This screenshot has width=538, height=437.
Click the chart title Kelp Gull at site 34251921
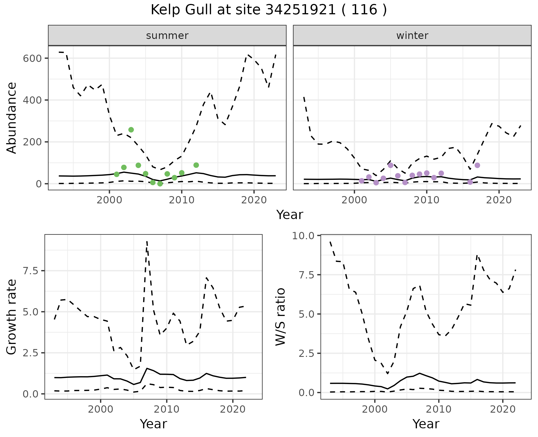click(x=268, y=10)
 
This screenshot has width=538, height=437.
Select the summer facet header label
click(x=167, y=36)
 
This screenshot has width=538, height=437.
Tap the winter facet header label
click(x=412, y=36)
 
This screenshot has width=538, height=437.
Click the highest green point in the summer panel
click(x=131, y=130)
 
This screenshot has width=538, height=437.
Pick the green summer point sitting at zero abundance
click(x=160, y=183)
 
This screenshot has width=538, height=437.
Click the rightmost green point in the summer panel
click(x=196, y=165)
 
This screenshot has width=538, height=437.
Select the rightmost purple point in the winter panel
click(x=477, y=165)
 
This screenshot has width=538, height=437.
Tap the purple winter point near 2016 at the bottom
click(x=470, y=182)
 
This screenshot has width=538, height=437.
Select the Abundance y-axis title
click(x=12, y=118)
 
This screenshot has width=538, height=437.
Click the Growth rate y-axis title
click(x=12, y=317)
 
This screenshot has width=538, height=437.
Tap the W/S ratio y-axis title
click(x=280, y=317)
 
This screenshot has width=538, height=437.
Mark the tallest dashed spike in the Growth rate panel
click(x=147, y=241)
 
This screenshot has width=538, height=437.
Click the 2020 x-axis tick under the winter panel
click(x=499, y=200)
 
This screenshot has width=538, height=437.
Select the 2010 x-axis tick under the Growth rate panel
click(x=167, y=409)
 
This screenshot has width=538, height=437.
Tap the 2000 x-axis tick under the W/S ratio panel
click(x=375, y=409)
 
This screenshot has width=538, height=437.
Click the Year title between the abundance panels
click(x=290, y=215)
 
